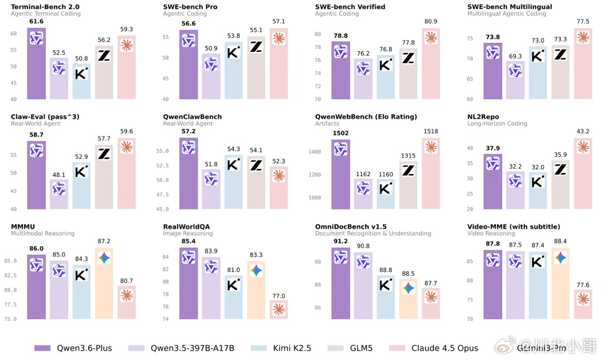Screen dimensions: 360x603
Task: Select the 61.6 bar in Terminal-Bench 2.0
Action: pos(36,64)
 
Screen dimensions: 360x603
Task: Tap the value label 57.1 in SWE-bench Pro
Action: pos(279,21)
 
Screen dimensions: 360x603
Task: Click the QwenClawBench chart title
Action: pos(192,117)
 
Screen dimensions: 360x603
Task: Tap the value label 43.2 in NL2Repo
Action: pos(583,131)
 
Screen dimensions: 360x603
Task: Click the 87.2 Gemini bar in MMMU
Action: pos(104,285)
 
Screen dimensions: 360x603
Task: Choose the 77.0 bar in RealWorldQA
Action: pos(279,310)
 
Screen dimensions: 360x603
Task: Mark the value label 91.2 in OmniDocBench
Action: pos(340,241)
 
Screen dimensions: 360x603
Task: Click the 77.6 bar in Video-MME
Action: pos(583,305)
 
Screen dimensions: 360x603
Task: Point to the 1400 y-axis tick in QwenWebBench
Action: pos(316,152)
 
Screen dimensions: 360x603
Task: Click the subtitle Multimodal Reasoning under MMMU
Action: pos(42,233)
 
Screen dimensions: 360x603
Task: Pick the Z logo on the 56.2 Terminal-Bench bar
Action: pos(104,55)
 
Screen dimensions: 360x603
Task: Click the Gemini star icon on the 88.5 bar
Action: pos(409,288)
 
